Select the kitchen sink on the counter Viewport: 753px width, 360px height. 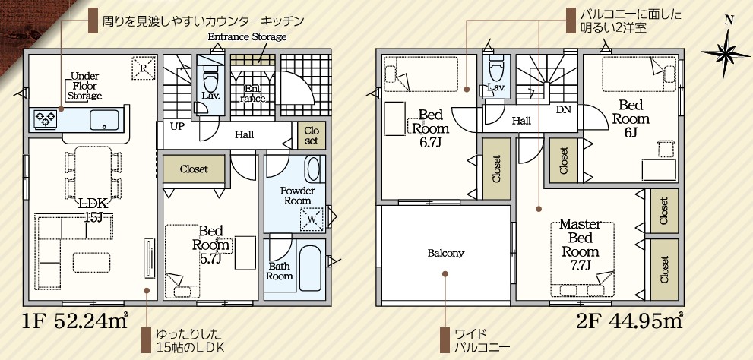coord(104,119)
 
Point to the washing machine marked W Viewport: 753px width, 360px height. coord(311,219)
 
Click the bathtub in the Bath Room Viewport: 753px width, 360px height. coord(310,268)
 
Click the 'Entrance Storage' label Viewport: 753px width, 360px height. coord(247,37)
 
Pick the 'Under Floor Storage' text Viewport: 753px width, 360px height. coord(84,86)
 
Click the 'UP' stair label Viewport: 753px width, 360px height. coord(177,127)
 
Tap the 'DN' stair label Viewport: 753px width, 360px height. coord(564,109)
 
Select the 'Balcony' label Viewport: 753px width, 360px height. coord(446,253)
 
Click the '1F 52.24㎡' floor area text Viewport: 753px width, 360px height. coord(75,321)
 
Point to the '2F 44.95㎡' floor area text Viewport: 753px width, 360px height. coord(629,321)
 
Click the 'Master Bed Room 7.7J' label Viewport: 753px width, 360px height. coord(581,245)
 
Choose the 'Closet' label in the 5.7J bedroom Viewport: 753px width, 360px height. coord(194,169)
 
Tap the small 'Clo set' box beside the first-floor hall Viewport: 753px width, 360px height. coord(312,135)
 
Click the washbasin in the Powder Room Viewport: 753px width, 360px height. coord(312,169)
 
